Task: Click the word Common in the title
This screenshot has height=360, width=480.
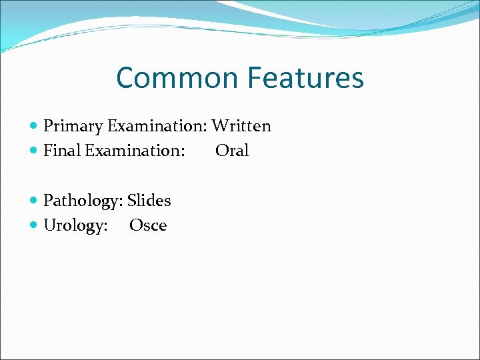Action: [179, 78]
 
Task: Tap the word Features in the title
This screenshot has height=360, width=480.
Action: [306, 78]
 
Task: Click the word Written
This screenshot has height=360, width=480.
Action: [241, 126]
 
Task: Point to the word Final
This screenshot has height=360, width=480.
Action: [62, 151]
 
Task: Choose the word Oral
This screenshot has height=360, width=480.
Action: [232, 151]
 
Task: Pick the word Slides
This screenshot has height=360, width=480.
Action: [149, 201]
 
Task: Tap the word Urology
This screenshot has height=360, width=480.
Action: [73, 225]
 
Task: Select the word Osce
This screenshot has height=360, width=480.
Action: [148, 225]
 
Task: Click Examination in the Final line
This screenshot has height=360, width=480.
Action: [133, 151]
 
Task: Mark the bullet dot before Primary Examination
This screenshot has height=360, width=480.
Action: [34, 126]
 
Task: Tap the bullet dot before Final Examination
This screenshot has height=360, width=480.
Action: [34, 151]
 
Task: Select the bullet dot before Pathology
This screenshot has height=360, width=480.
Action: [34, 201]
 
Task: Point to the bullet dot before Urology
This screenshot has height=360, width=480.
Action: [34, 225]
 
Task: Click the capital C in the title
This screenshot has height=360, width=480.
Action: [126, 78]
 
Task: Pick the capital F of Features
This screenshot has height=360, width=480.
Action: [256, 78]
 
